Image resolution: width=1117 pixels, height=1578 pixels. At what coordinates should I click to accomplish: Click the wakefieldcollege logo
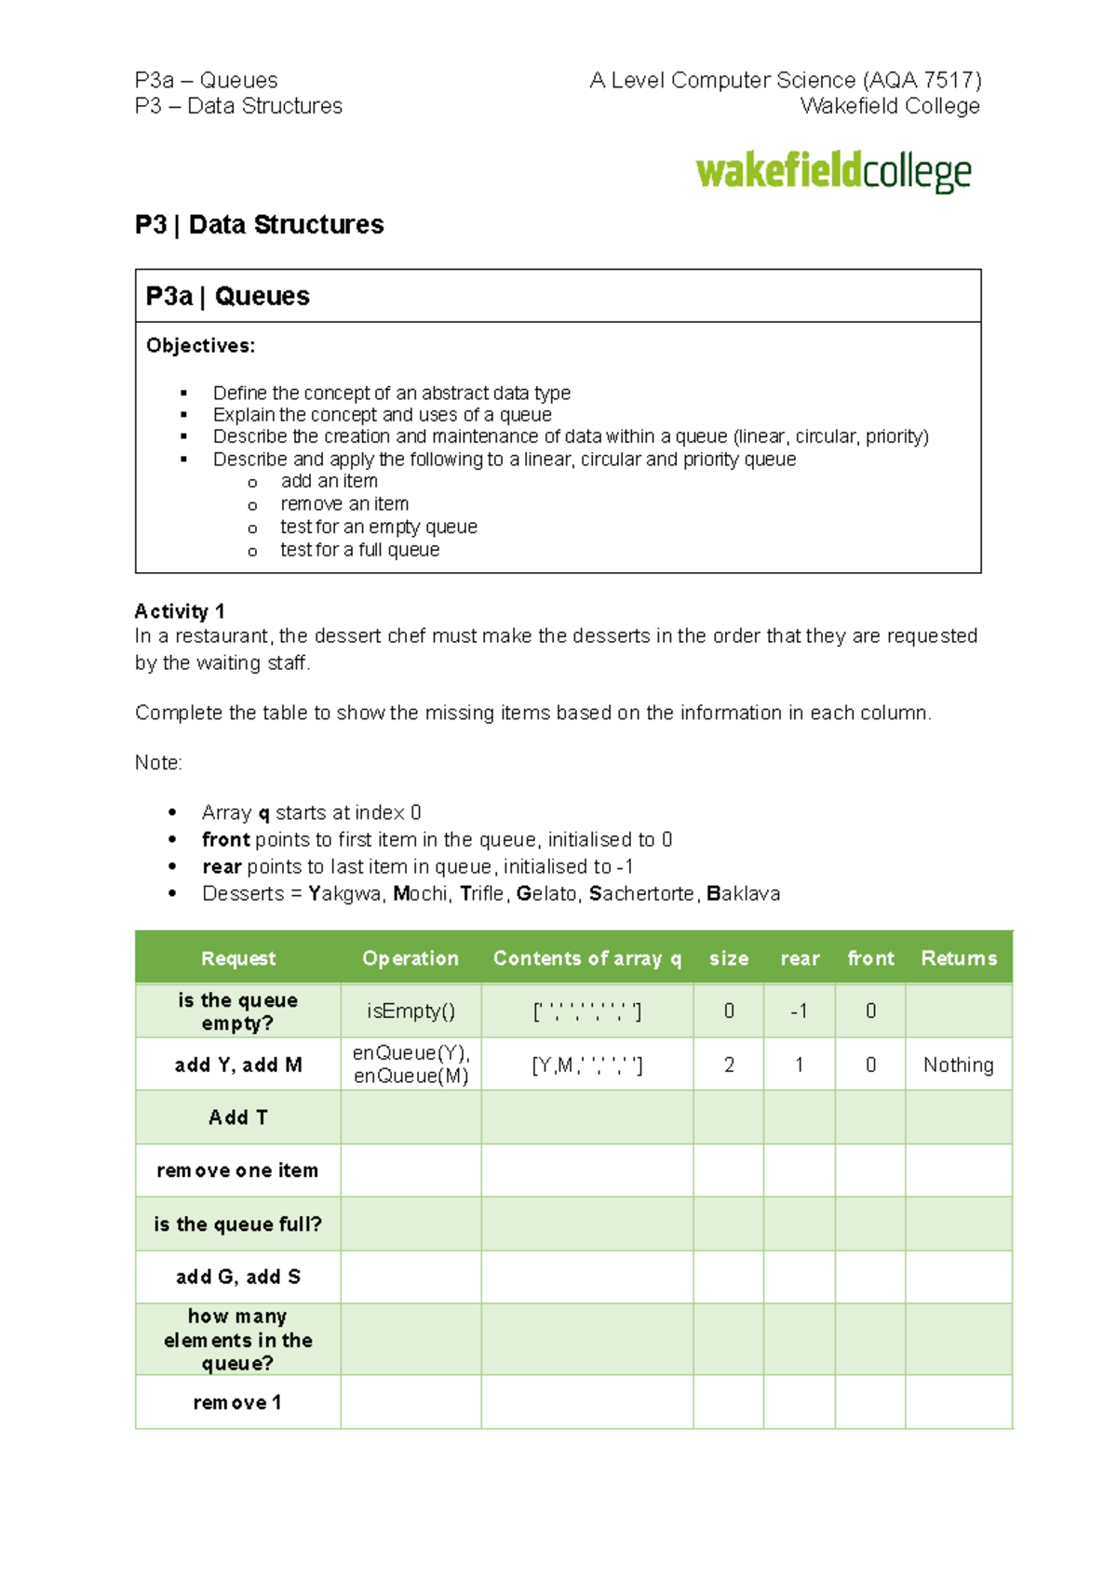click(x=833, y=172)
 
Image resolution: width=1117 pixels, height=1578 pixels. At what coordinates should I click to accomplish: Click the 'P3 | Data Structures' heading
click(x=259, y=225)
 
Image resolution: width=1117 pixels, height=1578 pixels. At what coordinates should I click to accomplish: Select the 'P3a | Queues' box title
click(x=227, y=296)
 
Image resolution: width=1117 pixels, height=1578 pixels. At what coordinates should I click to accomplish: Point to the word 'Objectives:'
click(x=200, y=346)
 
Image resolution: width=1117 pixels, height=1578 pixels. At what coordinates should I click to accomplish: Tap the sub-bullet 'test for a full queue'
click(x=359, y=550)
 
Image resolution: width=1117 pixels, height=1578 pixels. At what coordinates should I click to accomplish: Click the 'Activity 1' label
click(x=180, y=611)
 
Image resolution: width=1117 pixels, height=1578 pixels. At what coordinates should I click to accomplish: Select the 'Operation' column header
click(x=410, y=958)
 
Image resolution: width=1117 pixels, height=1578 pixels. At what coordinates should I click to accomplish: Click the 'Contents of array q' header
click(x=586, y=958)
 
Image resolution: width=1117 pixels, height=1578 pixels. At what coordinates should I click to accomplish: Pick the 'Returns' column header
click(x=959, y=958)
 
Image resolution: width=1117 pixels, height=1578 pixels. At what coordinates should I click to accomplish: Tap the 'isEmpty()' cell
click(x=410, y=1011)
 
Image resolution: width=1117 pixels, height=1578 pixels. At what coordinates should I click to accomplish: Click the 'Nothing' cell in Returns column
click(x=958, y=1065)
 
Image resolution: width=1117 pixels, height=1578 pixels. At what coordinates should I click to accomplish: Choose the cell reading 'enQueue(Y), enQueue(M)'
click(x=410, y=1064)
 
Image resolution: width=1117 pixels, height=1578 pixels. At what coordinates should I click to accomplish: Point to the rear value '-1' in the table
click(x=799, y=1011)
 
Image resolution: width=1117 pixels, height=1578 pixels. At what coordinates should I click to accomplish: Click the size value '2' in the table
click(x=729, y=1065)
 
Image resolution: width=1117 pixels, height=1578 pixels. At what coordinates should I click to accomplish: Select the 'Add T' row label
click(x=238, y=1117)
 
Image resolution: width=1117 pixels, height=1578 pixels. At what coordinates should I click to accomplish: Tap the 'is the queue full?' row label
click(x=238, y=1224)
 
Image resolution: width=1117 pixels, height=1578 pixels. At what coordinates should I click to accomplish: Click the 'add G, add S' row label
click(x=238, y=1277)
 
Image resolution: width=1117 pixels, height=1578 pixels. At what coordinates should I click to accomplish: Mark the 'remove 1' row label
click(x=237, y=1402)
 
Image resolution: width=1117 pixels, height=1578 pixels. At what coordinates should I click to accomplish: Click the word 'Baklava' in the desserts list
click(x=744, y=894)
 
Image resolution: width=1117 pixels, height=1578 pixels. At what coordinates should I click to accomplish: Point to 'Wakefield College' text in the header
click(x=889, y=106)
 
